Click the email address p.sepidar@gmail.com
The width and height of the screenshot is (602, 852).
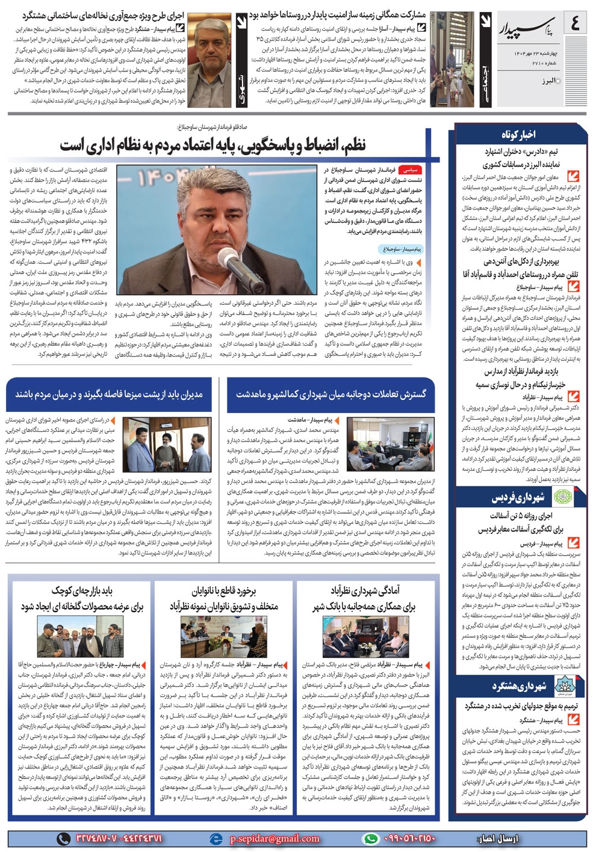tap(274, 838)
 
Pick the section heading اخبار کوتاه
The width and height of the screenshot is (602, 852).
tap(518, 133)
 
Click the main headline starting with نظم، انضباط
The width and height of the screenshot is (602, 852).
tap(213, 145)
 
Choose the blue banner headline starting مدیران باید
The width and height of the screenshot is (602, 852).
tap(109, 394)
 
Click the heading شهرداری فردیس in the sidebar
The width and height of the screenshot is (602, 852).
tap(517, 498)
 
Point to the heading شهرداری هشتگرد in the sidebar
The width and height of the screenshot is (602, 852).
tap(518, 686)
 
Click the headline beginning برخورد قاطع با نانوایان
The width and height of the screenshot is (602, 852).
tap(224, 598)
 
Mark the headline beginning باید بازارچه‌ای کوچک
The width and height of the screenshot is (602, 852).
tap(82, 598)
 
